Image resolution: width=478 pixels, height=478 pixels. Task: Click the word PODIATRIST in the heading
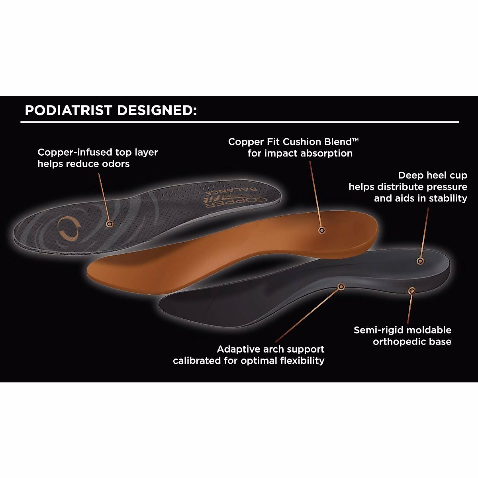[68, 110]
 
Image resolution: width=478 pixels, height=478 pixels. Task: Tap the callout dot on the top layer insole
[109, 224]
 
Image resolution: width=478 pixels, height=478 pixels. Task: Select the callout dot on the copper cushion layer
[321, 230]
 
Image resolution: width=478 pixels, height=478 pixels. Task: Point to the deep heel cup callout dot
[419, 261]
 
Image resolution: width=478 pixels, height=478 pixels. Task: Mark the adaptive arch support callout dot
[341, 286]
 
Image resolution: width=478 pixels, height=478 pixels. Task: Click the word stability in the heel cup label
[449, 198]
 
